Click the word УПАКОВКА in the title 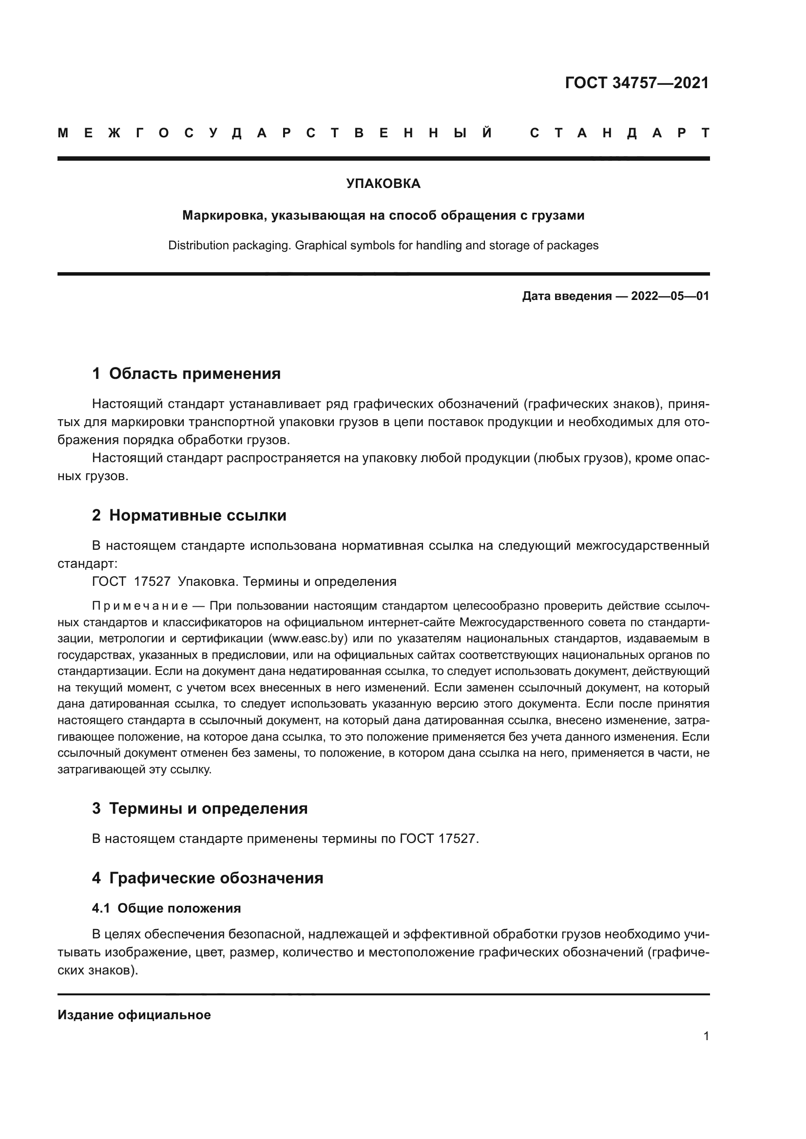[x=383, y=184]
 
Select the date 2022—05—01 [x=670, y=296]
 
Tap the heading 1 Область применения [x=186, y=373]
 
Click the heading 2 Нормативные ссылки [x=189, y=515]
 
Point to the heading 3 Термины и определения [x=199, y=808]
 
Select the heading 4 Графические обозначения [x=208, y=878]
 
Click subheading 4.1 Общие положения [x=166, y=908]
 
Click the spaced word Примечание [x=140, y=606]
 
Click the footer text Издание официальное [x=134, y=1015]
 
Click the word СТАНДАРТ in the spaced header [x=619, y=133]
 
